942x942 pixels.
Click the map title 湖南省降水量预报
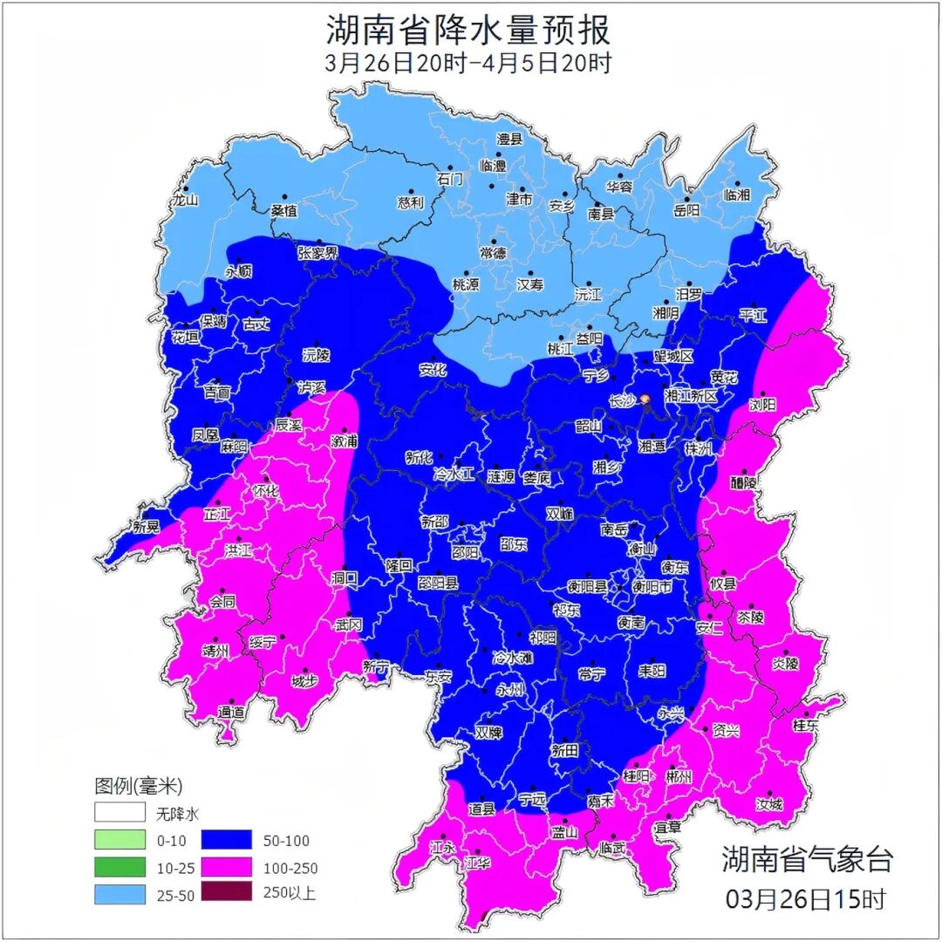click(x=468, y=31)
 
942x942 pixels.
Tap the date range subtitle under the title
click(x=468, y=64)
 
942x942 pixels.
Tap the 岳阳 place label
click(x=687, y=210)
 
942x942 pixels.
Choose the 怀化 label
click(x=265, y=491)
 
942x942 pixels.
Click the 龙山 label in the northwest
click(x=186, y=200)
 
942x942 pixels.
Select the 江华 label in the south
click(x=477, y=863)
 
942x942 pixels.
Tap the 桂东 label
click(x=806, y=725)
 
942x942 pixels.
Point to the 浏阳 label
click(x=762, y=406)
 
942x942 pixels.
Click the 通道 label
click(x=232, y=713)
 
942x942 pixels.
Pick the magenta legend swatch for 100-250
click(x=226, y=867)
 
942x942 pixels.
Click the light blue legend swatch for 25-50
click(x=119, y=892)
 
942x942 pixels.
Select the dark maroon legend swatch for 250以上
click(x=226, y=892)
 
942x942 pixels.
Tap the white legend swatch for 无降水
click(x=119, y=813)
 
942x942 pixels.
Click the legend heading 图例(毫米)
click(x=139, y=786)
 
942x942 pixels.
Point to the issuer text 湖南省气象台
click(x=808, y=858)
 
